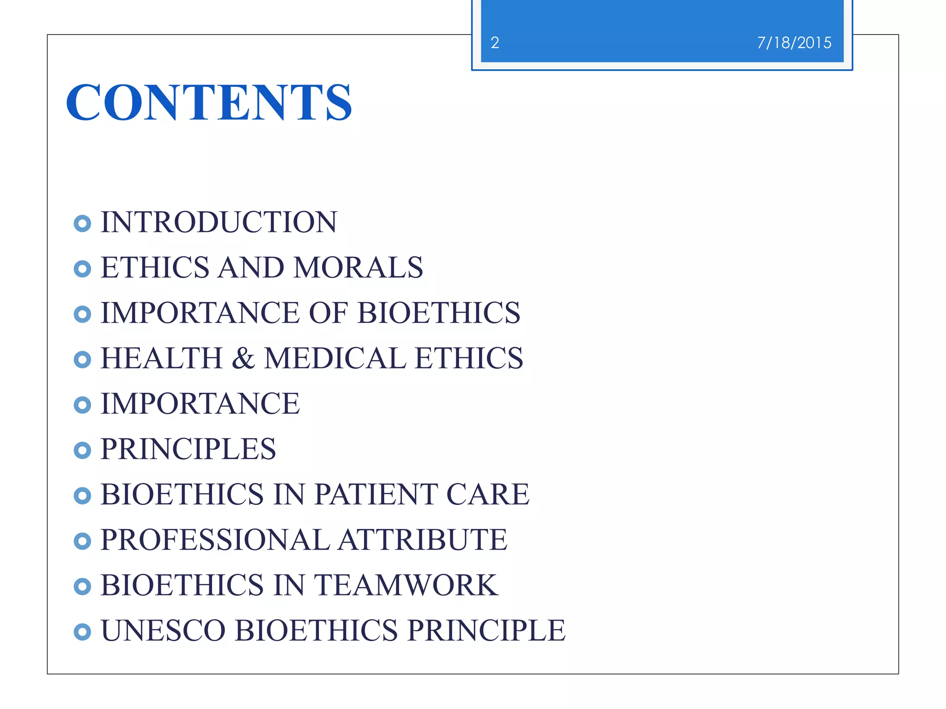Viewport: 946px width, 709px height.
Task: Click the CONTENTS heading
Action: pyautogui.click(x=209, y=102)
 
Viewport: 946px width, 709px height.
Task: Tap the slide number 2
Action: pyautogui.click(x=495, y=43)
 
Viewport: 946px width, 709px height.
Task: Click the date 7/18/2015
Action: pyautogui.click(x=794, y=43)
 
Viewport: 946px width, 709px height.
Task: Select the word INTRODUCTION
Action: pyautogui.click(x=219, y=222)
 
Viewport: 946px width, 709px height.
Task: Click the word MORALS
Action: pyautogui.click(x=358, y=268)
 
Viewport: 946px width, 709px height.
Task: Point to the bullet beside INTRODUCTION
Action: pyautogui.click(x=82, y=224)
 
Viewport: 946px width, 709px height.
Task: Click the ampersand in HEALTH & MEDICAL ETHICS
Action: pyautogui.click(x=243, y=359)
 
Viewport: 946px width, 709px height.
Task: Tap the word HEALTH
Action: pyautogui.click(x=162, y=359)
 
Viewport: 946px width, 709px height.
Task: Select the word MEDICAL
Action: pyautogui.click(x=335, y=359)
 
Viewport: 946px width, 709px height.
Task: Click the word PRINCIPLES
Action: pyautogui.click(x=188, y=449)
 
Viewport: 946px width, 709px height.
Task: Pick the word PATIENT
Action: pyautogui.click(x=375, y=494)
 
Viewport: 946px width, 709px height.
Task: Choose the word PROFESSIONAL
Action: pyautogui.click(x=215, y=540)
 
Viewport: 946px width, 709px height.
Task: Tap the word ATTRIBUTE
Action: pyautogui.click(x=422, y=540)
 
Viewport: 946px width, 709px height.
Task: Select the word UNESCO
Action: pyautogui.click(x=163, y=631)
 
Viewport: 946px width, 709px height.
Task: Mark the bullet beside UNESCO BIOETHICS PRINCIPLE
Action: pyautogui.click(x=82, y=632)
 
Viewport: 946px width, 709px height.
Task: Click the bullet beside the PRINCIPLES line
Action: pyautogui.click(x=82, y=451)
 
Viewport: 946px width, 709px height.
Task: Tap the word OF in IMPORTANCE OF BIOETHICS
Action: pyautogui.click(x=328, y=313)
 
